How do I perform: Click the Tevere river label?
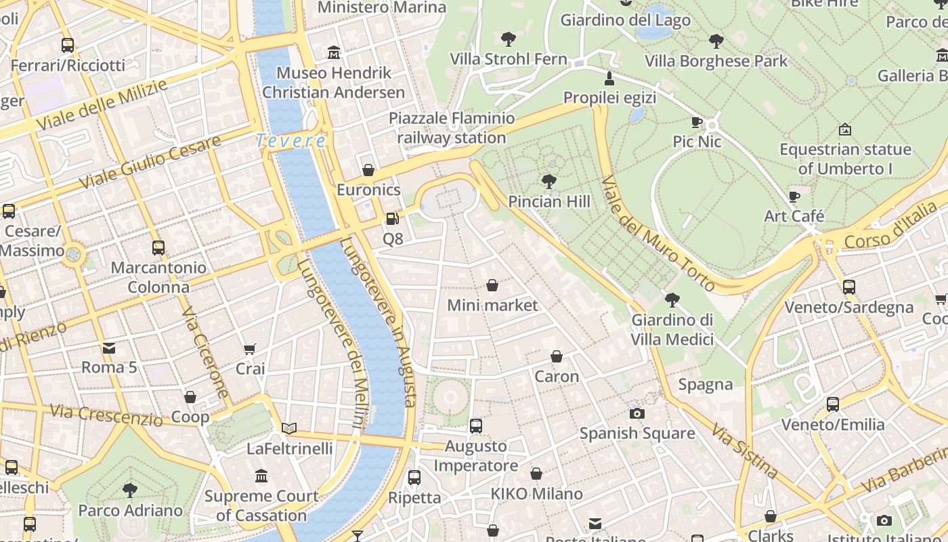tap(290, 141)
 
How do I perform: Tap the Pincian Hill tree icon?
tap(549, 182)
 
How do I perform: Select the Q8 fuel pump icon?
tap(391, 219)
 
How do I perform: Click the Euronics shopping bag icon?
tap(368, 170)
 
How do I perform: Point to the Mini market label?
tap(492, 306)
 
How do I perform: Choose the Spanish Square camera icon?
tap(637, 413)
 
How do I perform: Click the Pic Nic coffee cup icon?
tap(696, 122)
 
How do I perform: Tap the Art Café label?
tap(794, 216)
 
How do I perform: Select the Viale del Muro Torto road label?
tap(657, 234)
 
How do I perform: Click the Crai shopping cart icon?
tap(250, 349)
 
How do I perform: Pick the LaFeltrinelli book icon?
tap(289, 428)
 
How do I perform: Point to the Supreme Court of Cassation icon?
tap(261, 476)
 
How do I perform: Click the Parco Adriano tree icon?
tap(130, 490)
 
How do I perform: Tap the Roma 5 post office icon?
tap(108, 348)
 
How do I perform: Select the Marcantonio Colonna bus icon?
tap(158, 248)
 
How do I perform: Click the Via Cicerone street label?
tap(205, 352)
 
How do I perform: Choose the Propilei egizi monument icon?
tap(609, 79)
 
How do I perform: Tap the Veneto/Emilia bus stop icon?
tap(833, 404)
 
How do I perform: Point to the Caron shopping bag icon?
tap(557, 356)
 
